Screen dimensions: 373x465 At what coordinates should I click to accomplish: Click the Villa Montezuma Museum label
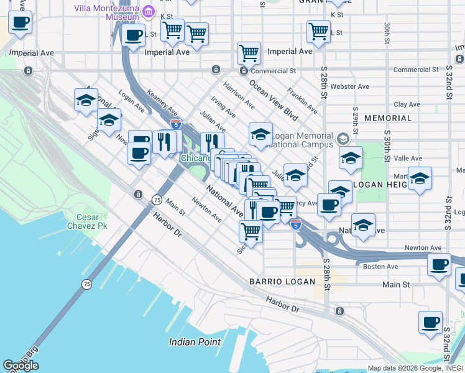click(104, 12)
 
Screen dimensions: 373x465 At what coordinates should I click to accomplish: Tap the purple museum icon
click(148, 11)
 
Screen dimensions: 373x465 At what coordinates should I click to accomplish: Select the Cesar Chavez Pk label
click(91, 221)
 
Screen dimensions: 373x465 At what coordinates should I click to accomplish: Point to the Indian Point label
click(191, 342)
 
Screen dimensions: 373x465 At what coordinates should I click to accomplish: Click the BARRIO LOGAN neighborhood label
click(279, 282)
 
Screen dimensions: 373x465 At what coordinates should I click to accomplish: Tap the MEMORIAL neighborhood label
click(388, 117)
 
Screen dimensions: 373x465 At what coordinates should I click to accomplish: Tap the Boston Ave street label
click(380, 267)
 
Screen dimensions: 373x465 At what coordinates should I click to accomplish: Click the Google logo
click(21, 366)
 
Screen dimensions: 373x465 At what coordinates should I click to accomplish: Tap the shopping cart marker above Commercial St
click(249, 53)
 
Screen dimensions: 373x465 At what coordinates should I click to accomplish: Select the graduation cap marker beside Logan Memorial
click(260, 134)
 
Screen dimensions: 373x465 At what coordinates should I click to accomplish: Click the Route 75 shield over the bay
click(86, 283)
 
